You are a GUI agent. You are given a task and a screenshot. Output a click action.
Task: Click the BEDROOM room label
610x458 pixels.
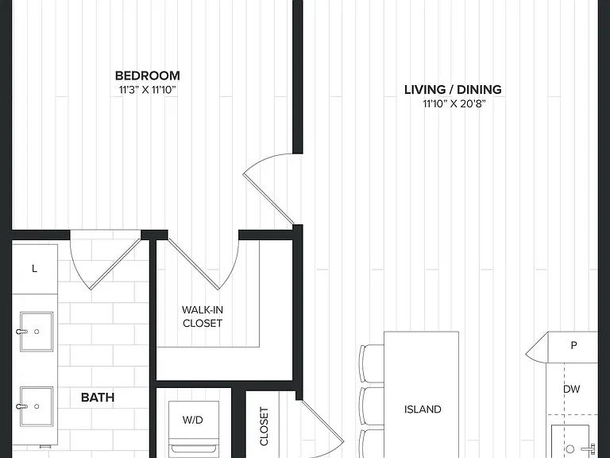148,76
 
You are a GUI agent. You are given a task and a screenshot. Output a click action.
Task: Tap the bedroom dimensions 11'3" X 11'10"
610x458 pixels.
148,90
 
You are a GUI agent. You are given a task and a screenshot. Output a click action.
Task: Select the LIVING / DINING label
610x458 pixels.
453,90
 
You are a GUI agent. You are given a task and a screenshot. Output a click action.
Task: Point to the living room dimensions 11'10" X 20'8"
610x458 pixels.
454,104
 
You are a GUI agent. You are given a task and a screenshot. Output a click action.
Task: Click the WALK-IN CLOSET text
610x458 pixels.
203,316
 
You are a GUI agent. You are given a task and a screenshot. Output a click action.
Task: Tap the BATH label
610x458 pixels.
98,398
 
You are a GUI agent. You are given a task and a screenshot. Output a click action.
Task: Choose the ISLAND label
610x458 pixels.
423,409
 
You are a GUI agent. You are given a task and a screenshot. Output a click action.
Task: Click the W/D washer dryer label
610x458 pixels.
193,420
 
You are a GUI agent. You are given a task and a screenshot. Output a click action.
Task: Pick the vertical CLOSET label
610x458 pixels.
264,426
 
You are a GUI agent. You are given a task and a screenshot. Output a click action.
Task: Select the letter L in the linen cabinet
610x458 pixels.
35,269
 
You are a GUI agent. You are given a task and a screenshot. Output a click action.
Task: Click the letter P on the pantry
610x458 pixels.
573,345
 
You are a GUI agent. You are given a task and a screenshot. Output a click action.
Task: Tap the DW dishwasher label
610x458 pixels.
572,389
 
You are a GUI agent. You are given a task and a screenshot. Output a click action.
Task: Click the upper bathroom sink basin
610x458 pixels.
37,332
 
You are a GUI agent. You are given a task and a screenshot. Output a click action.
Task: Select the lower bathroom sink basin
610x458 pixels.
37,406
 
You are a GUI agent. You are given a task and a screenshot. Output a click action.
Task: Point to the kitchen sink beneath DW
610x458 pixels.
571,442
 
